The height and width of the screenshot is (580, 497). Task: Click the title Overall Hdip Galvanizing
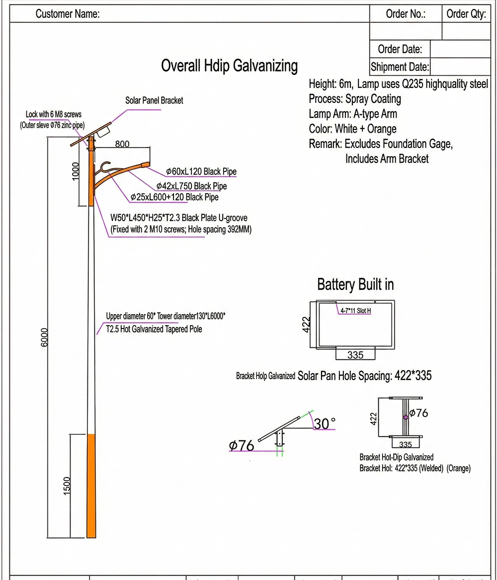pos(230,66)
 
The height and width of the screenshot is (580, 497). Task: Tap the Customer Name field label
pos(68,14)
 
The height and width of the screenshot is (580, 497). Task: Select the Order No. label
pos(406,14)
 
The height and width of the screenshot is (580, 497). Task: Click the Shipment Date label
pos(400,67)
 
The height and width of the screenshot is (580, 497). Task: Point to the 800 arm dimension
pos(122,144)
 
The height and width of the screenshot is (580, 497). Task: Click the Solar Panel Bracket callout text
pos(154,100)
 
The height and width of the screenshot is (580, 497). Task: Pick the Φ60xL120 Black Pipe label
pos(201,172)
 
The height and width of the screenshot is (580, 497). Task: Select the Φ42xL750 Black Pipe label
pos(191,186)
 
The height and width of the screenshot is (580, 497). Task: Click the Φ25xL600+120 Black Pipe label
pos(174,197)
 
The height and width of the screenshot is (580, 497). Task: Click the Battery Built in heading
pos(355,285)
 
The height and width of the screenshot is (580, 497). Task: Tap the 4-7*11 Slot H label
pos(355,311)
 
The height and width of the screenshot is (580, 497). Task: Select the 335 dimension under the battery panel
pos(355,355)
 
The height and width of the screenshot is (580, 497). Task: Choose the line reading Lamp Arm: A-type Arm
pos(353,114)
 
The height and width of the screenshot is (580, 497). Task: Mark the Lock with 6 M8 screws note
pos(54,114)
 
